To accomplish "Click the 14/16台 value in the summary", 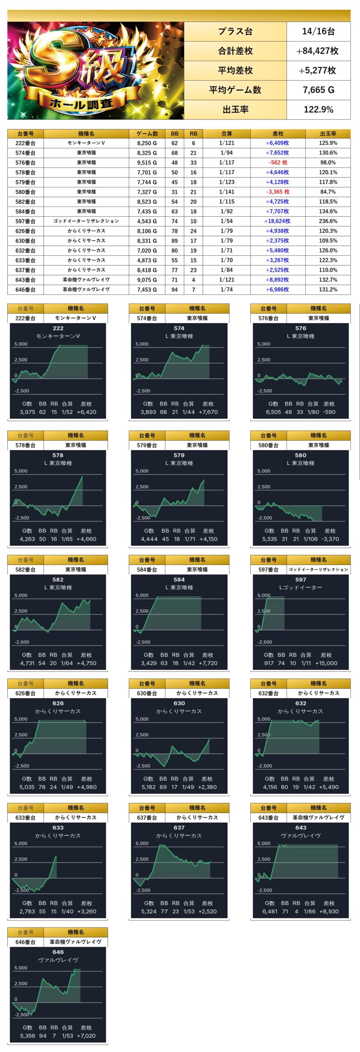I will [318, 31].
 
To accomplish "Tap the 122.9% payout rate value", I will [318, 110].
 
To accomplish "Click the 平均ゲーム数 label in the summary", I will [235, 90].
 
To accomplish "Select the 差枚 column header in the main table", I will [278, 134].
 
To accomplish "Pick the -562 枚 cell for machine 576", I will [278, 163].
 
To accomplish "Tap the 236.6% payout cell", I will [328, 221].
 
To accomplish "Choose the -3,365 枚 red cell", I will [278, 192].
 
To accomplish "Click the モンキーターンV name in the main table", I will [86, 143].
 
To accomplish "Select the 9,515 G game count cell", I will [147, 163].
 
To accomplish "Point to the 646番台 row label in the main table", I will [25, 290].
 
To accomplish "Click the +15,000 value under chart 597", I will [326, 663].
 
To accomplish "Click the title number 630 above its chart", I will [179, 704].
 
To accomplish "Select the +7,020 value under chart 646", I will [86, 1036].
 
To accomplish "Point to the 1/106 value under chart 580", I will [311, 539].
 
